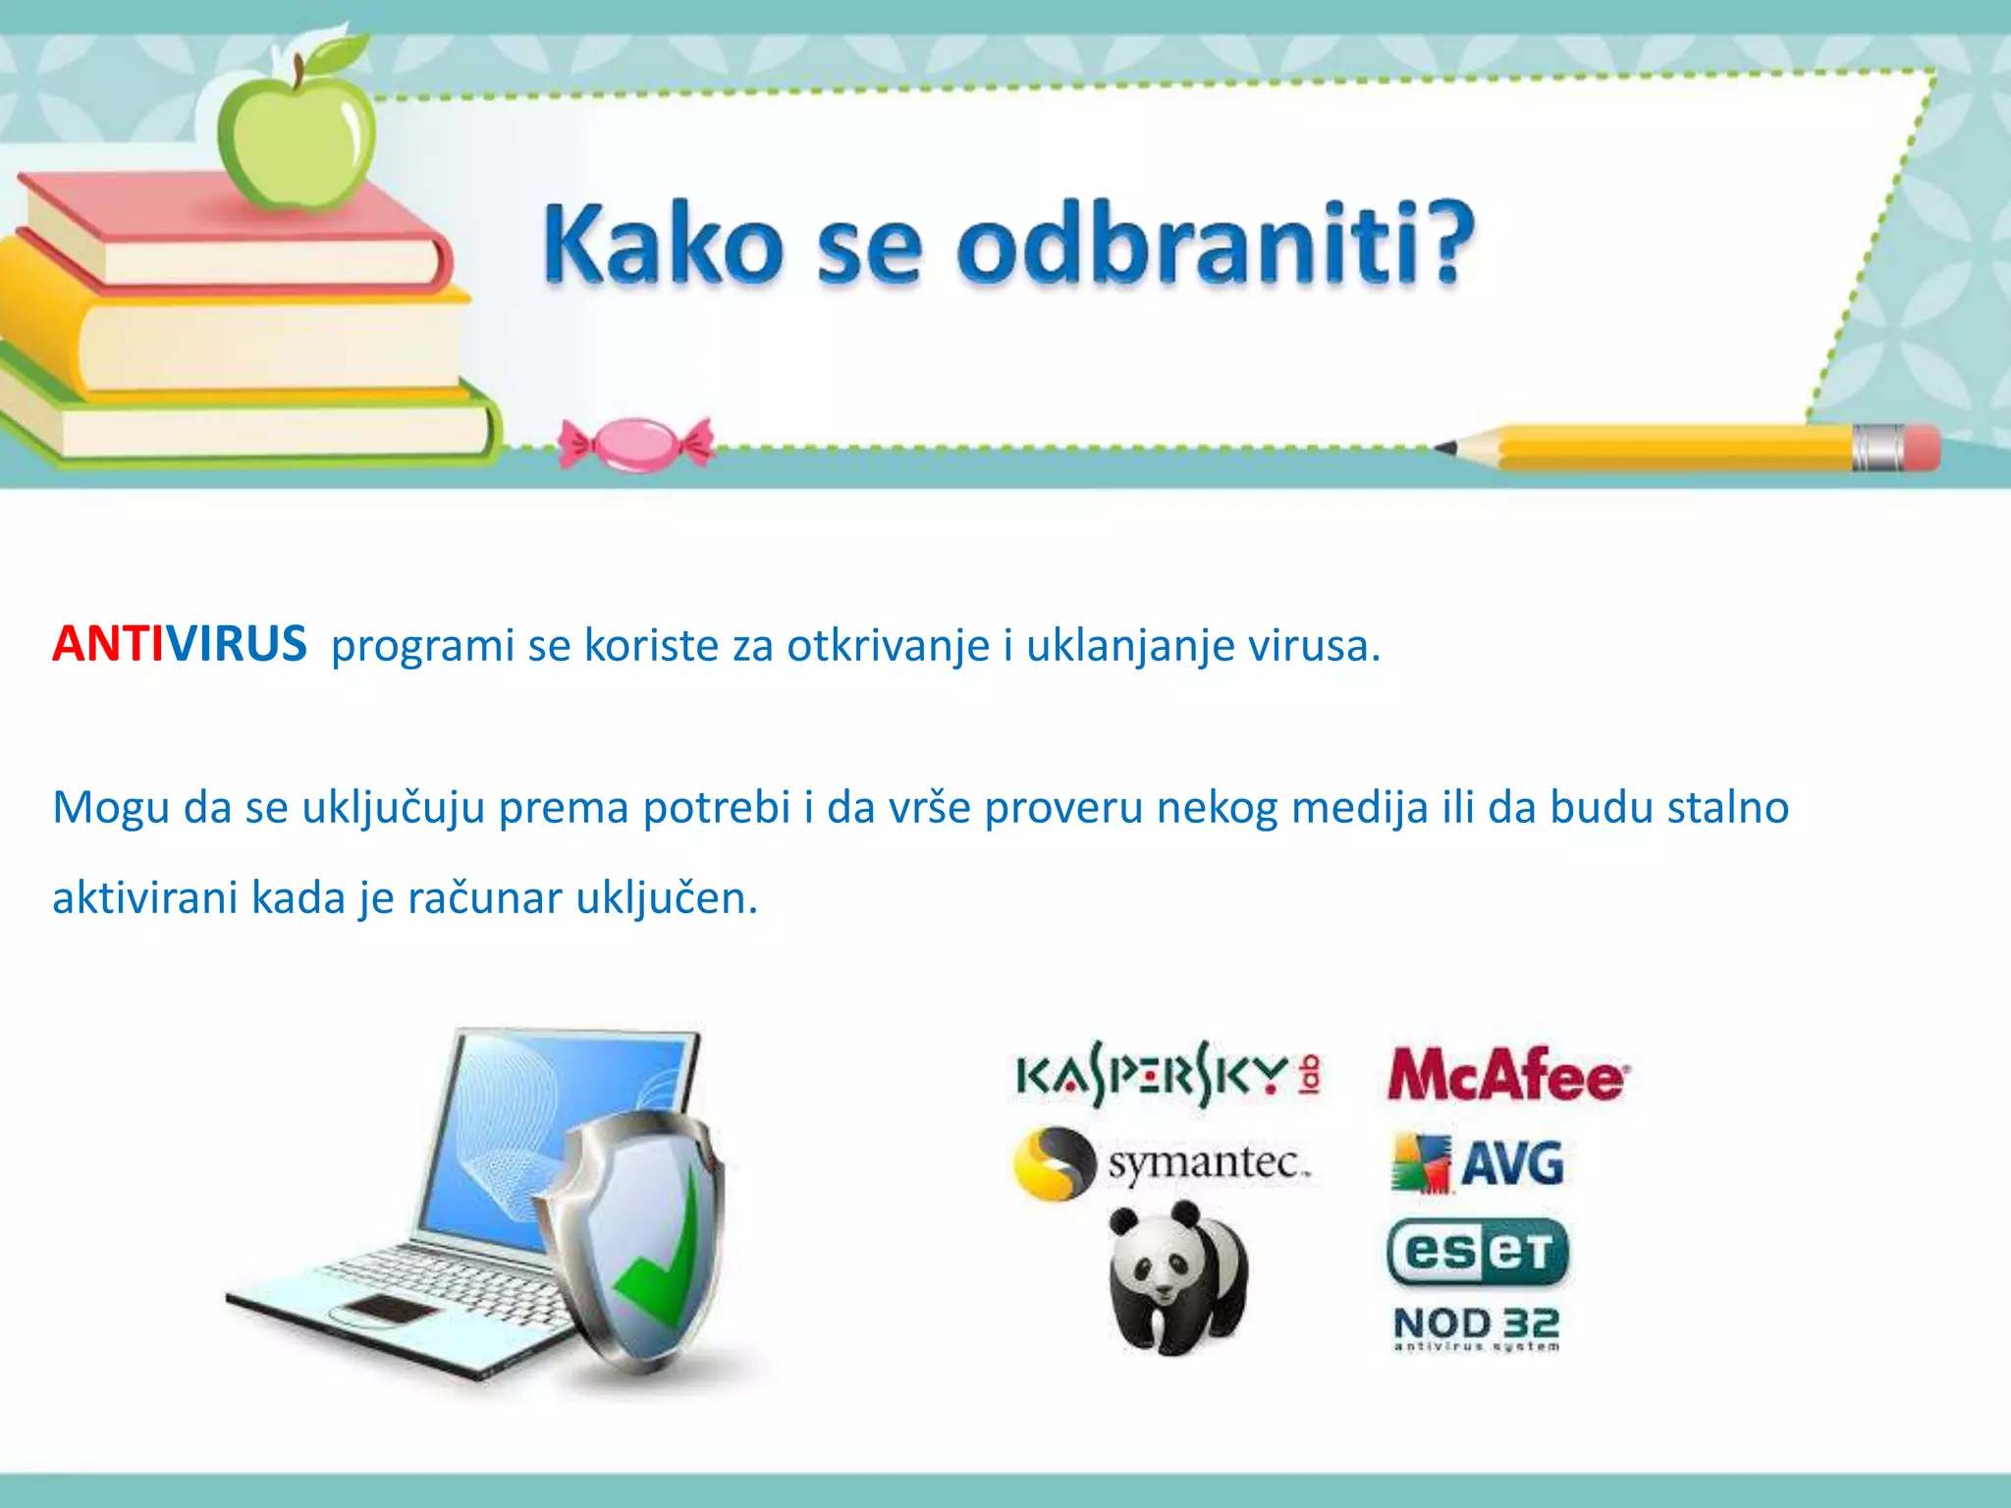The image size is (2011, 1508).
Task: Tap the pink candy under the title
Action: (636, 443)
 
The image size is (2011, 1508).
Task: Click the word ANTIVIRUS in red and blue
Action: (180, 645)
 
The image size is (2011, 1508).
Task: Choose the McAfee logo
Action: (1508, 1075)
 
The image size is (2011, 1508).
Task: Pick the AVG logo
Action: (1479, 1164)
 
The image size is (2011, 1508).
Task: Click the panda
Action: (1177, 1276)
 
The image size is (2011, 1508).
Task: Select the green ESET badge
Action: (1478, 1253)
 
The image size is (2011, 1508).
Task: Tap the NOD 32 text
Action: (1476, 1323)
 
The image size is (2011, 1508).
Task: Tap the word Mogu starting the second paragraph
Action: (111, 808)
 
